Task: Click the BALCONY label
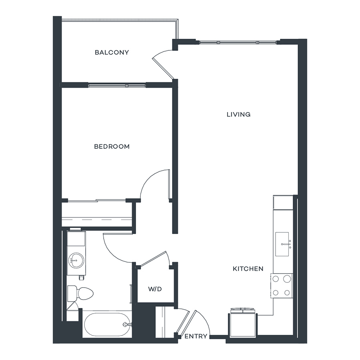pos(112,52)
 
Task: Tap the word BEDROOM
pos(112,146)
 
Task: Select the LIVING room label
pos(238,114)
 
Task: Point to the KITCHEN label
pos(248,269)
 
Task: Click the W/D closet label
pos(155,289)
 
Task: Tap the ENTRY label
pos(196,336)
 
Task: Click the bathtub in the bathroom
pos(107,324)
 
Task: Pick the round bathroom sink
pos(76,260)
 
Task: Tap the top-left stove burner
pos(276,279)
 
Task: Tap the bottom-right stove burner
pos(287,293)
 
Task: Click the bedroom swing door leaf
pos(169,184)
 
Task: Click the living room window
pos(238,42)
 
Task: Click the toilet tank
pos(72,293)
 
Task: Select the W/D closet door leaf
pos(153,259)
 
